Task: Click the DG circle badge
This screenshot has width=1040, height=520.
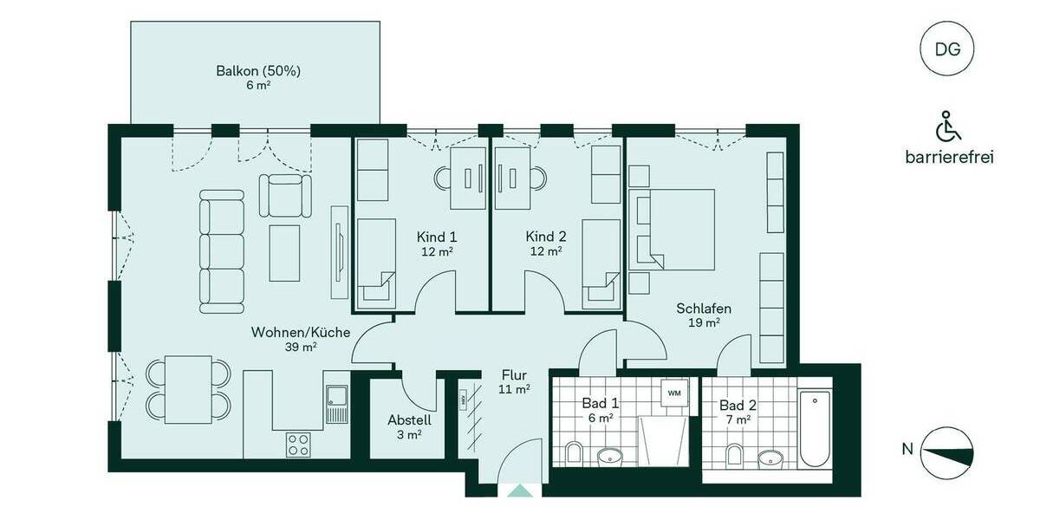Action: [x=947, y=49]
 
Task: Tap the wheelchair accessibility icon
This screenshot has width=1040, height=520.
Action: [x=948, y=127]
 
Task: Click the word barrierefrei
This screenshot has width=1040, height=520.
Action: [x=948, y=157]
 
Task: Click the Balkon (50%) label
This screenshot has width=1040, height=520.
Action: [x=257, y=71]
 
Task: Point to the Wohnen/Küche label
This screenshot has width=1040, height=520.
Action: [x=289, y=332]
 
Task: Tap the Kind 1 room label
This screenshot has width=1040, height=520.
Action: [x=437, y=237]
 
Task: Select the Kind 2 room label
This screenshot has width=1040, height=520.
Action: [x=546, y=237]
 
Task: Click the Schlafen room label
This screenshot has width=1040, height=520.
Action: [x=704, y=309]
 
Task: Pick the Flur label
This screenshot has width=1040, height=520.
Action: [x=514, y=375]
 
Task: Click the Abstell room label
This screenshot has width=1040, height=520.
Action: [x=409, y=420]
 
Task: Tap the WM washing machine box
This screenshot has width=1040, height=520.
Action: [x=674, y=393]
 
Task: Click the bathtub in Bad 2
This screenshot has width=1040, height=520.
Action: [x=815, y=429]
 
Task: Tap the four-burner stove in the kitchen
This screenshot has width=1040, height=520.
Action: [x=300, y=444]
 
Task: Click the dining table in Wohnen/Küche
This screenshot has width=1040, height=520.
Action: [x=189, y=389]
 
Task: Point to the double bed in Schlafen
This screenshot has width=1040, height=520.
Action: [x=676, y=229]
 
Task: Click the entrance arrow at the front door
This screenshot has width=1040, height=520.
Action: [x=520, y=491]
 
